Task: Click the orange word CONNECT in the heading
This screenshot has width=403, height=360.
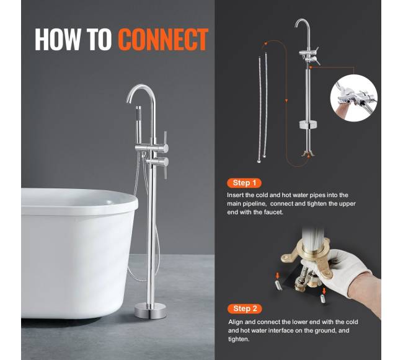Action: (x=163, y=39)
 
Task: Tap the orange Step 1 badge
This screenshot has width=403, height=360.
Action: (x=244, y=183)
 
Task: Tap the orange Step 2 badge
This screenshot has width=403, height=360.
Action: (x=245, y=309)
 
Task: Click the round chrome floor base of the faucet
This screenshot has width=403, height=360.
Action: (x=151, y=310)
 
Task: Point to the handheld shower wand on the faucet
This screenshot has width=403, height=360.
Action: (x=139, y=125)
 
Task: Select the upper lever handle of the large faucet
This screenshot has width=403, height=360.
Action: (x=166, y=142)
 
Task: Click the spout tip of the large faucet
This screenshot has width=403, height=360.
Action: (x=128, y=101)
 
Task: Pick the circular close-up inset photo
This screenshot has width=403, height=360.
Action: (x=353, y=98)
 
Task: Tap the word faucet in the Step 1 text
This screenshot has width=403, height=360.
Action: (x=274, y=213)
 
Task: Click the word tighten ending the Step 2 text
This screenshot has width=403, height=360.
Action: (x=239, y=339)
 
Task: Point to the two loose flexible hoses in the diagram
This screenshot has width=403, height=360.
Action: (x=262, y=108)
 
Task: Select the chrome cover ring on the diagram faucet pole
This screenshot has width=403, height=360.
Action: (x=308, y=125)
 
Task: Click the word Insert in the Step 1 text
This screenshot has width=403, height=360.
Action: (x=235, y=195)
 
